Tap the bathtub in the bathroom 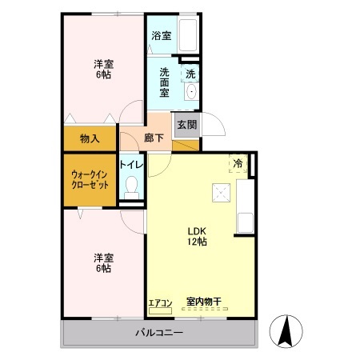189,37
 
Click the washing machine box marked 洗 190,74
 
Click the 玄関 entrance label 186,126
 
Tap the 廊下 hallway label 154,137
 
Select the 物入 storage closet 90,138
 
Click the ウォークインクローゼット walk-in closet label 90,179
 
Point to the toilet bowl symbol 133,190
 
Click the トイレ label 131,165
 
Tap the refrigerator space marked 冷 238,163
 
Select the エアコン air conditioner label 160,302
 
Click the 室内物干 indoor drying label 203,302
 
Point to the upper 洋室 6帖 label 102,70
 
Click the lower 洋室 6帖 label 102,262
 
